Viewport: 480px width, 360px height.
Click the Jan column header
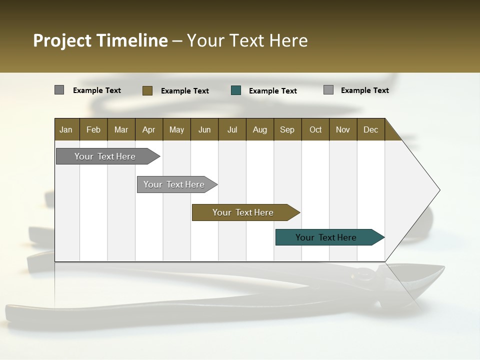click(x=66, y=129)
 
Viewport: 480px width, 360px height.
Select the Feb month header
click(x=93, y=129)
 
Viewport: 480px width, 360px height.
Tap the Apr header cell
click(x=148, y=129)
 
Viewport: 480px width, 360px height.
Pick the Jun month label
click(x=204, y=129)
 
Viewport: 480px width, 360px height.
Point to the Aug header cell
click(x=259, y=129)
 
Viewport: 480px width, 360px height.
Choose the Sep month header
click(x=287, y=129)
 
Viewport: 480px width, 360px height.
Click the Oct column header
click(x=315, y=129)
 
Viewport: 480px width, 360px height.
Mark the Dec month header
click(x=370, y=129)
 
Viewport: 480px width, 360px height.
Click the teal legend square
click(x=236, y=90)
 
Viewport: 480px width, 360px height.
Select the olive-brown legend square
click(x=147, y=90)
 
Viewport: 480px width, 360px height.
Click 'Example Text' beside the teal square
click(x=272, y=90)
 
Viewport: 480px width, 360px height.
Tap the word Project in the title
click(x=62, y=40)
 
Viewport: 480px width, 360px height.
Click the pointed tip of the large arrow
click(x=439, y=190)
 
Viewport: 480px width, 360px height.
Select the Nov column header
click(x=343, y=129)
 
